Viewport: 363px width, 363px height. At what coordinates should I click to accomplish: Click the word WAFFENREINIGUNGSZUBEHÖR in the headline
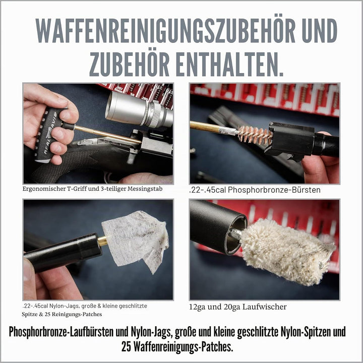[165, 30]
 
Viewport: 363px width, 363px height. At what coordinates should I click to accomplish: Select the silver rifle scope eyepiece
[139, 109]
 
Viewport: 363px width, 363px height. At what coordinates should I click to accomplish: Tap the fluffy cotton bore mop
[287, 251]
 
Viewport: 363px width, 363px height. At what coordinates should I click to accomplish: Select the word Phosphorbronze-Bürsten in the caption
[274, 190]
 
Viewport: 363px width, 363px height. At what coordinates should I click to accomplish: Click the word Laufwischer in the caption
[264, 307]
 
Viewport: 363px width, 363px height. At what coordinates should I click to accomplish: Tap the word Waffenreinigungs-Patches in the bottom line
[183, 347]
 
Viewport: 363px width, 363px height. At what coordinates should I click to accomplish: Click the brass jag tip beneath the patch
[102, 241]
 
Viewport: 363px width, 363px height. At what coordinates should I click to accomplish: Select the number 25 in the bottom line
[127, 346]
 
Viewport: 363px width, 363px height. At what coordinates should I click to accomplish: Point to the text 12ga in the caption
[197, 307]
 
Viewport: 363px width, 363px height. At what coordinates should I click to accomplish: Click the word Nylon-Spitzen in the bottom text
[307, 332]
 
